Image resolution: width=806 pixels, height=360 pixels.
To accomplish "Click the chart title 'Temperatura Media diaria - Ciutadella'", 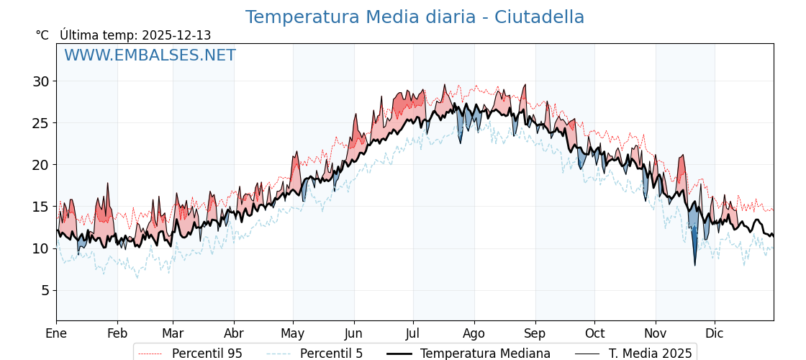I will click(x=415, y=17).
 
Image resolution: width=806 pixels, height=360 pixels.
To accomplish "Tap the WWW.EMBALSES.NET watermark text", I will click(x=150, y=55).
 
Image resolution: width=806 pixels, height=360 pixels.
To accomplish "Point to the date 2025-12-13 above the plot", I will click(x=176, y=35).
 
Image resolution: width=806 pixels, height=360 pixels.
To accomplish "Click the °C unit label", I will click(x=42, y=35).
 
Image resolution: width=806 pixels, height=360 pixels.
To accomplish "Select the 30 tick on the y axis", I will click(x=40, y=81).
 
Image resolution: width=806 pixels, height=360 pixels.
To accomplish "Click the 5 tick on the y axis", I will click(x=45, y=290).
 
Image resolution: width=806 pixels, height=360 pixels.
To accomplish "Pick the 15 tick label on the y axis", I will click(x=40, y=207).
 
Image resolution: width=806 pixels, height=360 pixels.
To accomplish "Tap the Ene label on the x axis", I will click(x=56, y=333).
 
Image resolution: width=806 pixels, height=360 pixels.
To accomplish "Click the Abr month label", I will click(x=234, y=333).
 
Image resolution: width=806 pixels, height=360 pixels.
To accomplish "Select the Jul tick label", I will click(x=413, y=333).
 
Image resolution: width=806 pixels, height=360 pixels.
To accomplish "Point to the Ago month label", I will click(x=474, y=333).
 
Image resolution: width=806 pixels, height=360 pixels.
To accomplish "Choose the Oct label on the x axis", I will click(x=594, y=333).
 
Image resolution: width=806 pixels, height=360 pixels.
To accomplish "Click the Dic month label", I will click(x=715, y=333).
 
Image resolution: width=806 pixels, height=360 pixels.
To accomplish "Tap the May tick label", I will click(x=293, y=333).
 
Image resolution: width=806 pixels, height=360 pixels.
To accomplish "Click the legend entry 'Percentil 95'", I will click(x=207, y=354).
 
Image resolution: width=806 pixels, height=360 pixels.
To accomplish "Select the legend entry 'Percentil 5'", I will click(x=331, y=354).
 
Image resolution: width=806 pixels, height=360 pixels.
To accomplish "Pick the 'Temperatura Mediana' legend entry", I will click(x=485, y=354).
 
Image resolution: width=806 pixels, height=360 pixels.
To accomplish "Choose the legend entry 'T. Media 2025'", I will click(x=650, y=354).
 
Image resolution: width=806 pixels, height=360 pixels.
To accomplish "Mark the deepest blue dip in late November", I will click(x=695, y=264).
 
